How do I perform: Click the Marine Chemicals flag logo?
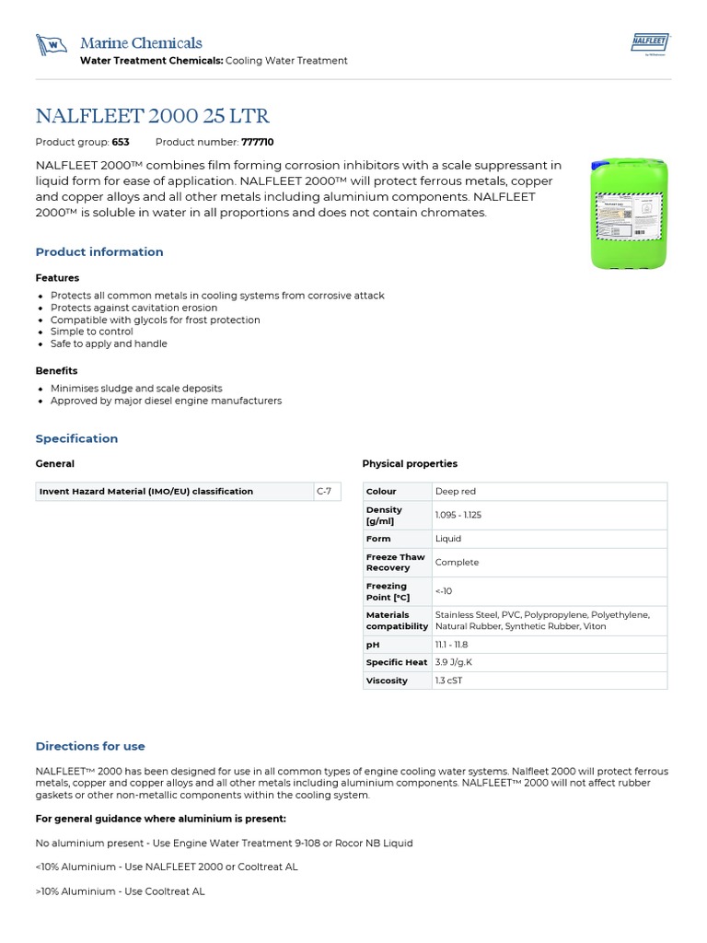(52, 44)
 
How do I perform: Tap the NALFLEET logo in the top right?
(652, 43)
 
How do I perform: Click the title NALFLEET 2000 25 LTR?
(153, 116)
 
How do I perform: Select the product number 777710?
(257, 142)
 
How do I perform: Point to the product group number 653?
(121, 142)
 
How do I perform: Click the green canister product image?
(629, 213)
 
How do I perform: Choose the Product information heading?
(99, 251)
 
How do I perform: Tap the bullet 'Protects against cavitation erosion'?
(133, 308)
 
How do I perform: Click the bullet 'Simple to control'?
(91, 332)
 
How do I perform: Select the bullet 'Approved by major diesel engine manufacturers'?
(166, 401)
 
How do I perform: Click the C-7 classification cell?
(325, 491)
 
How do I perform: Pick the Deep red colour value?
(456, 492)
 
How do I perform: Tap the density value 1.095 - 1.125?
(458, 515)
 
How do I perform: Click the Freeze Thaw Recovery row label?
(396, 563)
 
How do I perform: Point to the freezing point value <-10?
(444, 591)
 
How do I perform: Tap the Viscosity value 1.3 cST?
(449, 681)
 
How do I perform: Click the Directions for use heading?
(90, 746)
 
